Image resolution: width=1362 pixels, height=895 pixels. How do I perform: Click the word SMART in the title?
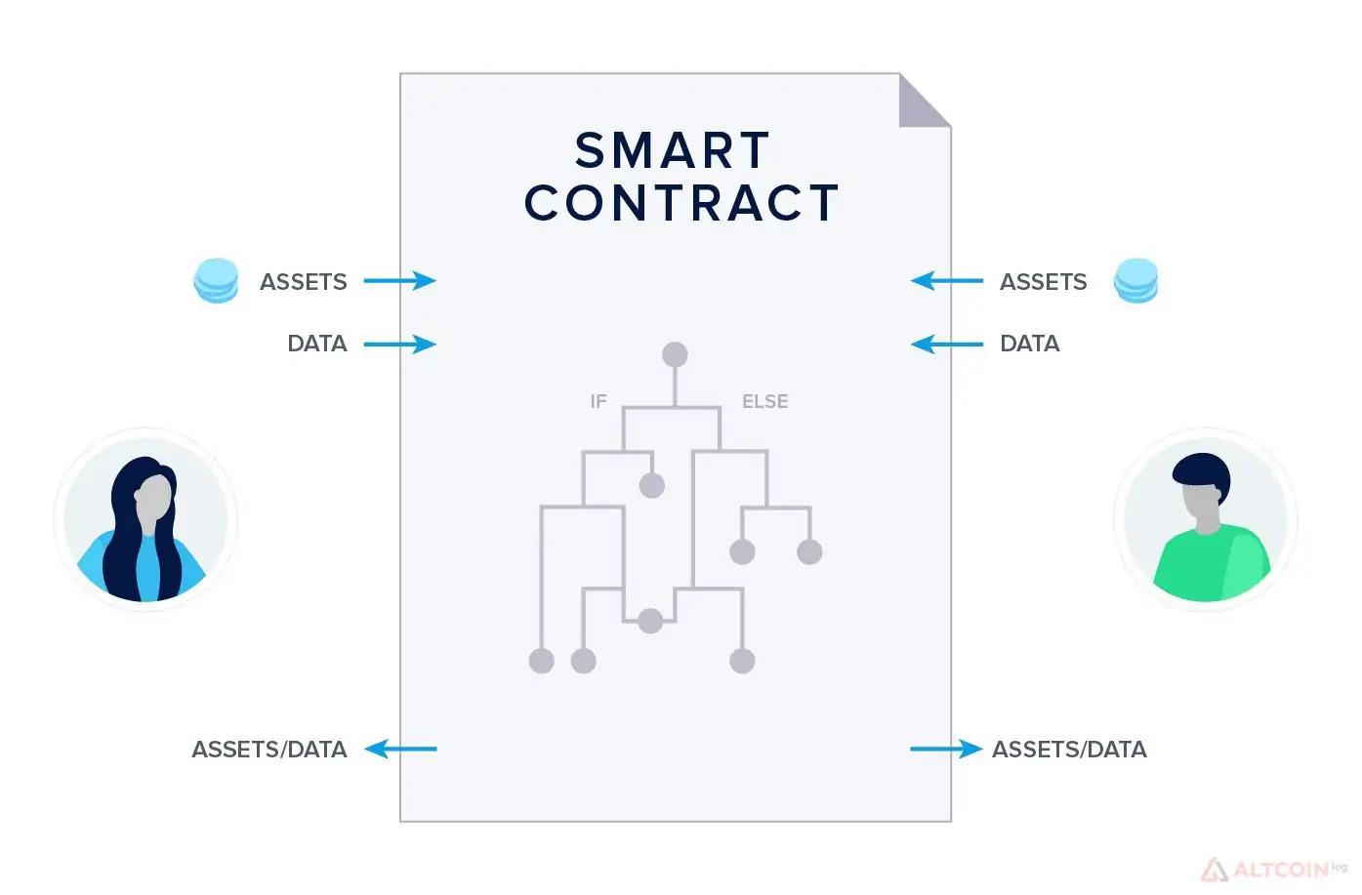pos(673,150)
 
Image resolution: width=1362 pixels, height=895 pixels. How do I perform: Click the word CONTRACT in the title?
pos(681,202)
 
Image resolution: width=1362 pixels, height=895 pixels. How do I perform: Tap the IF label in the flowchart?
pos(598,401)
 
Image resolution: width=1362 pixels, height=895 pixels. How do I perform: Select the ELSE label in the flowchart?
pos(764,401)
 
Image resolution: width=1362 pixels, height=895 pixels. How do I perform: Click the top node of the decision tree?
pos(675,354)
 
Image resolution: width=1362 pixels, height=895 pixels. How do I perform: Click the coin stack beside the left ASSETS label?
pos(216,280)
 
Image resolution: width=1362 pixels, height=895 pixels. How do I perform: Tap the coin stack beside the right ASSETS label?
pos(1135,280)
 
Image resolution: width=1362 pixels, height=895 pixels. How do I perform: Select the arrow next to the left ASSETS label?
pos(400,280)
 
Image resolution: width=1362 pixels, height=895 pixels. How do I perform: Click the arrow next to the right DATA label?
pos(947,345)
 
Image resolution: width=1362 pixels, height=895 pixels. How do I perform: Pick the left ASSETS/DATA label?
pos(269,750)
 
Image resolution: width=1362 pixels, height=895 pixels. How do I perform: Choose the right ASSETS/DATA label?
pos(1069,750)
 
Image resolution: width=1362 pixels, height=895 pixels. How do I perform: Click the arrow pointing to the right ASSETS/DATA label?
pos(946,749)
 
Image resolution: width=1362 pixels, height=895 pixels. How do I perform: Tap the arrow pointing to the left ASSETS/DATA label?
pos(400,749)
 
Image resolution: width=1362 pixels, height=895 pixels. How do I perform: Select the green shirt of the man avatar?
pos(1212,563)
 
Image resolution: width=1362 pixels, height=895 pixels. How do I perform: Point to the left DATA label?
pos(317,345)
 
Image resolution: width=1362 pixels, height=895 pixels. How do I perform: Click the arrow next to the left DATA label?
pos(400,345)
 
